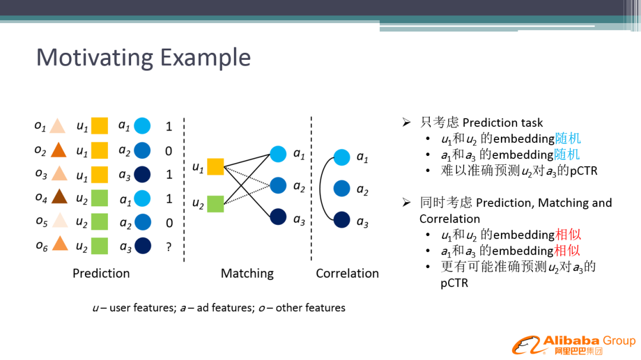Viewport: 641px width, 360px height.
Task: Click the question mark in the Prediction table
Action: point(169,247)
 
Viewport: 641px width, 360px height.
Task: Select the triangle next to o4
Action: point(59,196)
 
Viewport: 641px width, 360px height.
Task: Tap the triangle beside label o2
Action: point(59,150)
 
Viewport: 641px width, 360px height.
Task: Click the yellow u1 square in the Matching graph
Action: point(215,167)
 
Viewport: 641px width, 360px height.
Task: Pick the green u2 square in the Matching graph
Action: point(215,204)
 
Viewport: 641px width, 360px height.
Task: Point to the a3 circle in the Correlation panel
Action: point(342,220)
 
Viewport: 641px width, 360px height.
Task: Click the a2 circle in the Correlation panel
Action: point(342,189)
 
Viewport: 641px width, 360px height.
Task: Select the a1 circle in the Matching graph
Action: point(278,154)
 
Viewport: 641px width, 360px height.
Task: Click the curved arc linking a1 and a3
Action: point(320,189)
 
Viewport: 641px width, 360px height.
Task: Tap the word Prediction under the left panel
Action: point(101,273)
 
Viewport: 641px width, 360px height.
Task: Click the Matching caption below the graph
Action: point(247,273)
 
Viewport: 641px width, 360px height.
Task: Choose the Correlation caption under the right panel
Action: point(347,273)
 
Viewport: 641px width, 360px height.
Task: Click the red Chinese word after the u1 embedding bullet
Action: point(568,234)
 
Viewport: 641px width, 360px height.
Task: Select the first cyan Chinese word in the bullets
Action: point(568,139)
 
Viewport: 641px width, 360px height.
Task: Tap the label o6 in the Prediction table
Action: point(42,246)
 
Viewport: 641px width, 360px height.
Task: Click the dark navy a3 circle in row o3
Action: point(142,174)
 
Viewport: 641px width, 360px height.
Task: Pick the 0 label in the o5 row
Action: point(169,222)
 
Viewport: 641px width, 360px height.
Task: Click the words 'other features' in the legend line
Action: point(310,308)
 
